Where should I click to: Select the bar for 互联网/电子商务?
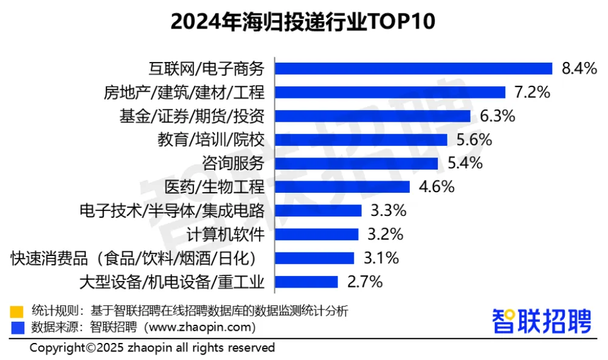coord(413,69)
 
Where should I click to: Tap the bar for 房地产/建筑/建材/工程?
coord(390,92)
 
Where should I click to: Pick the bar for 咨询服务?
coord(356,164)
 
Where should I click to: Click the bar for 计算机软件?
coord(317,235)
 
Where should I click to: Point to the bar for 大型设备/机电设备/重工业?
coord(306,282)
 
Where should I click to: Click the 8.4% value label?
coord(579,69)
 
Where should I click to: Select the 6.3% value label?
coord(497,116)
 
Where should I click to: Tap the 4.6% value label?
coord(437,187)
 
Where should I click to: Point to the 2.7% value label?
coord(364,282)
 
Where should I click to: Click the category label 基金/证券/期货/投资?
coord(192,116)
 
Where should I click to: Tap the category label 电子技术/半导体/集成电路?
coord(172,211)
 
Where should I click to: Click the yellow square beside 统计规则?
coord(17,311)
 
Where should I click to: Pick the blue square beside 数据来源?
coord(17,327)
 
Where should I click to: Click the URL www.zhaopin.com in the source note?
coord(199,327)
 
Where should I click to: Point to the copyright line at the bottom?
coord(153,348)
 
